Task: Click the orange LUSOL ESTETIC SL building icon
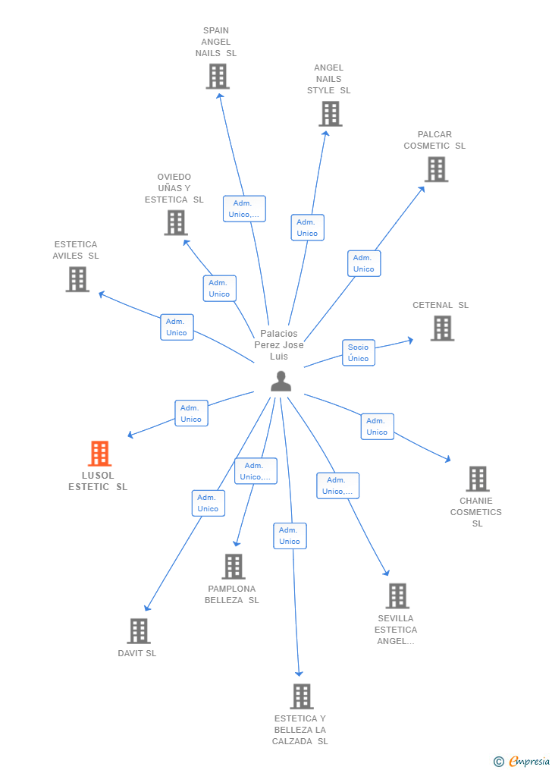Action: tap(99, 454)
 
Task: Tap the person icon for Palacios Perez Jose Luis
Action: tap(281, 382)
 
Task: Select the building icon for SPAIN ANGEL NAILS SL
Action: tap(218, 77)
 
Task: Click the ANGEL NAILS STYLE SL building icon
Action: tap(330, 114)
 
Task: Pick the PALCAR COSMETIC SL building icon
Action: tap(436, 169)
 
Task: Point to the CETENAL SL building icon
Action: tap(442, 328)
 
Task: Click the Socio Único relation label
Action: tap(359, 353)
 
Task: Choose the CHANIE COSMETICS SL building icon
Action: tap(477, 479)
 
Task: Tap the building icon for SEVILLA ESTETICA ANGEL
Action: tap(397, 596)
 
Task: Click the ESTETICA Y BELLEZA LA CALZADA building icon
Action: tap(301, 696)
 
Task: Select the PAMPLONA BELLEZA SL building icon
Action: tap(233, 567)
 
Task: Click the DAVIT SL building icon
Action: tap(138, 631)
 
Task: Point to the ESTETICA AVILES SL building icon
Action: tap(77, 279)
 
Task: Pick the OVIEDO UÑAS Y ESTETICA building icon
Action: tap(175, 223)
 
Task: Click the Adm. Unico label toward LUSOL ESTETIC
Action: tap(191, 413)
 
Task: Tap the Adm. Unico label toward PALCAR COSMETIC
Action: tap(364, 263)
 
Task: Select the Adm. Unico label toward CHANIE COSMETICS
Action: tap(377, 426)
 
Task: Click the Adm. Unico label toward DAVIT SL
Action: tap(208, 503)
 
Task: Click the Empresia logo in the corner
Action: tap(522, 761)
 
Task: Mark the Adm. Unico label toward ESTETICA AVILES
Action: tap(177, 327)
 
